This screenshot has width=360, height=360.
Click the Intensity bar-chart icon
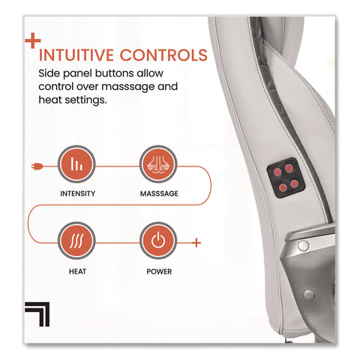click(76, 164)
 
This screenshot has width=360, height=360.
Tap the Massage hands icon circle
click(158, 164)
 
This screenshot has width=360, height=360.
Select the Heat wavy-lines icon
click(76, 241)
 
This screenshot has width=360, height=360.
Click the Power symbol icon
click(158, 241)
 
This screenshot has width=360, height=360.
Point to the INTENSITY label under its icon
click(77, 193)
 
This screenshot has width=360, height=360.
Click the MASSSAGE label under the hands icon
click(159, 193)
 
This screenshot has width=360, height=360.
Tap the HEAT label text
click(77, 271)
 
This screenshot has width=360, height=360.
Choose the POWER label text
click(159, 271)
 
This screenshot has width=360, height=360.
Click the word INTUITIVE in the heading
click(76, 55)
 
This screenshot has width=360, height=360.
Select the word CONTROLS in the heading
click(163, 55)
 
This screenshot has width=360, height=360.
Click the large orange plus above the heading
click(33, 40)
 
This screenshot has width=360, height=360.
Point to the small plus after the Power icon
click(196, 242)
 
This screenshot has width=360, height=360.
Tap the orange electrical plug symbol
click(37, 166)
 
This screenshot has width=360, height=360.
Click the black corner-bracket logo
click(37, 314)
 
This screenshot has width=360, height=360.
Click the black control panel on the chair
click(286, 178)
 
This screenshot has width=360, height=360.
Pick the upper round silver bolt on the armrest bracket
click(303, 245)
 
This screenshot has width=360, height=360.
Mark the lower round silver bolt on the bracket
click(309, 295)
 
